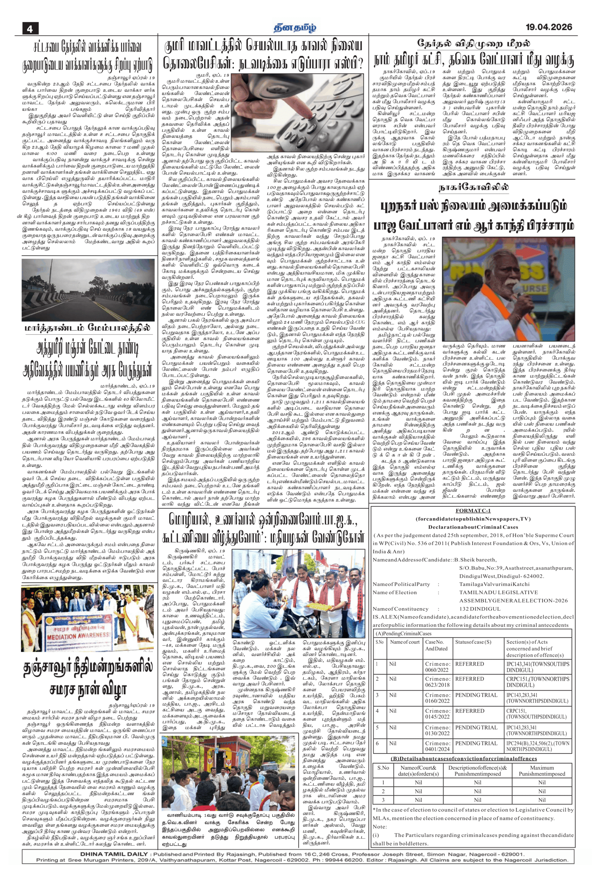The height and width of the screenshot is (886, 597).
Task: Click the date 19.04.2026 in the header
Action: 548,27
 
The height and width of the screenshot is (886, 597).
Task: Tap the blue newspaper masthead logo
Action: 295,27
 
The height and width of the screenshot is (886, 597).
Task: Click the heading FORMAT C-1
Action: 473,511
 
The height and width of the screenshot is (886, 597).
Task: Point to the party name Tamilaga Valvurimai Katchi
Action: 494,584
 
